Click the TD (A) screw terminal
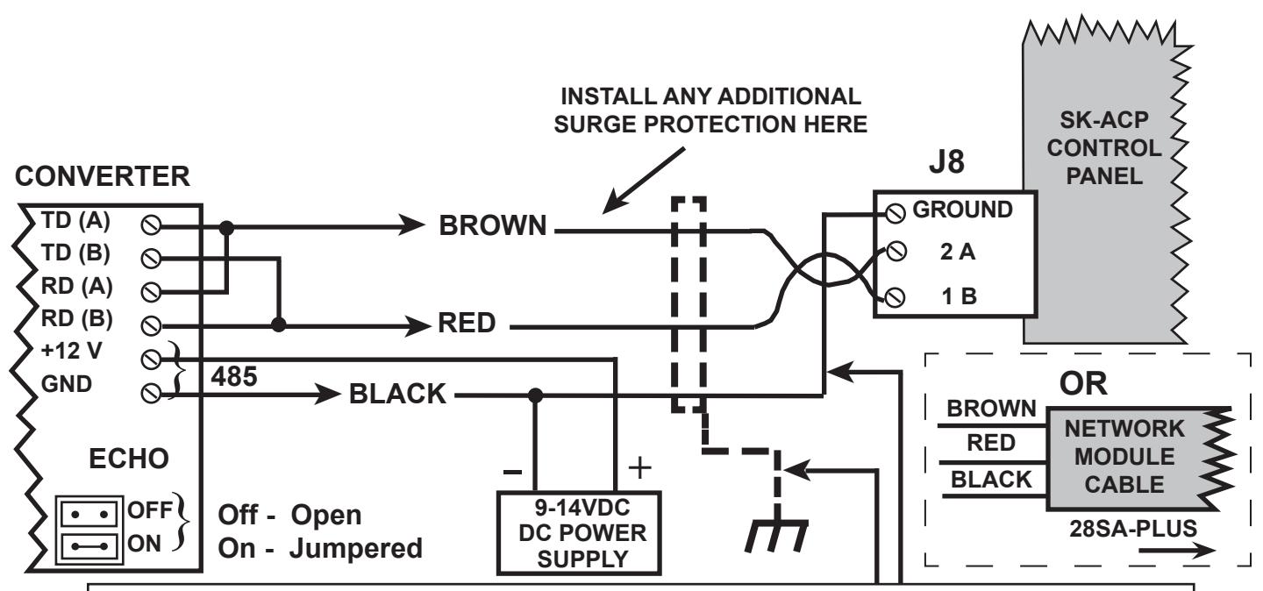(151, 225)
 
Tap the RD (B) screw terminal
(151, 325)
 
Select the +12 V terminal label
(72, 351)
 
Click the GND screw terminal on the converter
(151, 393)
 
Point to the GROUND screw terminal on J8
(896, 213)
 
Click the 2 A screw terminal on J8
(896, 251)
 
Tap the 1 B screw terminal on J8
(895, 297)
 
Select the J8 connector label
(946, 162)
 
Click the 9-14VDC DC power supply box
(579, 533)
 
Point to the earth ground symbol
(776, 536)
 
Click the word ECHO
(129, 459)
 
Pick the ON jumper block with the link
(89, 546)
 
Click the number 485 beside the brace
(234, 376)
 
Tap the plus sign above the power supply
(639, 467)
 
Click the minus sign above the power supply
(512, 472)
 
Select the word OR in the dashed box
(1083, 383)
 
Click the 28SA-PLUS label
(1133, 529)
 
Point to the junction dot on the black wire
(535, 395)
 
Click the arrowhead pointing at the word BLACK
(327, 393)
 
